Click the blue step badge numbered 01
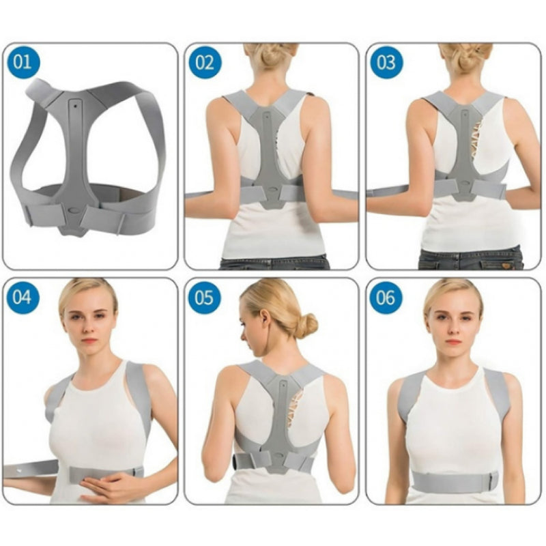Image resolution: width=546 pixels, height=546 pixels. (x=23, y=62)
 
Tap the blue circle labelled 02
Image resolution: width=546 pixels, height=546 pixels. (x=205, y=63)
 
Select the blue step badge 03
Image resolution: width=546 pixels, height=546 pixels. (x=386, y=63)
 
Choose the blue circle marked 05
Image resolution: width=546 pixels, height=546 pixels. (x=204, y=298)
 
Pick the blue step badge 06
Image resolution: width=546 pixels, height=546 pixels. (x=386, y=298)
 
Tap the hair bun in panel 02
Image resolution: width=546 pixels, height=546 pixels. (x=272, y=57)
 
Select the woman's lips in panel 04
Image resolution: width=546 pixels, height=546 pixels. (x=89, y=341)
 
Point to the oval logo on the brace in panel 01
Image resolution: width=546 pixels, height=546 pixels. (x=74, y=211)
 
